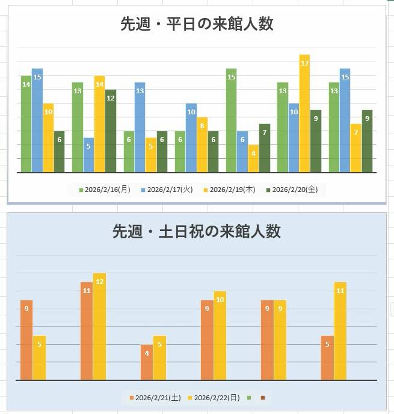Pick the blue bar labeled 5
(88, 155)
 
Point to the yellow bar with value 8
(202, 144)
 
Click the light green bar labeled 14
(26, 124)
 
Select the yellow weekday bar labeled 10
(48, 138)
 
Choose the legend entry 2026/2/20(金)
(295, 190)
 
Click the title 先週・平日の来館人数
(197, 24)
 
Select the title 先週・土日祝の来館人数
(197, 232)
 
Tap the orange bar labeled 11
(87, 331)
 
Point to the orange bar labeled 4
(147, 362)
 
